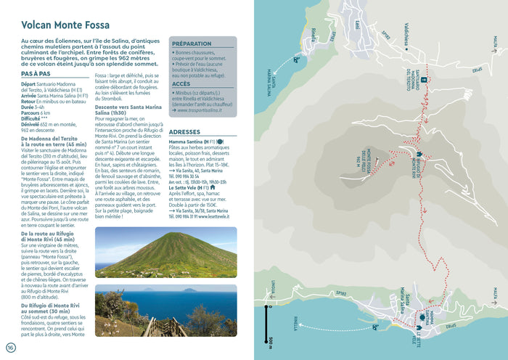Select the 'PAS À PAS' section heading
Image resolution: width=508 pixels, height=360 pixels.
click(x=36, y=73)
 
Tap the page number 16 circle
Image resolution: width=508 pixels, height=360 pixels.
click(x=10, y=346)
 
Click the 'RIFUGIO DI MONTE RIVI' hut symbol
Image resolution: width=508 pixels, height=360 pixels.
click(x=418, y=154)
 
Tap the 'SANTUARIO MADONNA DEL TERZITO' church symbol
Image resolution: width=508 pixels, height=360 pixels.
click(x=422, y=80)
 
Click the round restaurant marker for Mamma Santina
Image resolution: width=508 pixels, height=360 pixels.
click(x=421, y=317)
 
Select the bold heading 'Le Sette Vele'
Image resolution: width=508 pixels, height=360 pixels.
click(x=186, y=187)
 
